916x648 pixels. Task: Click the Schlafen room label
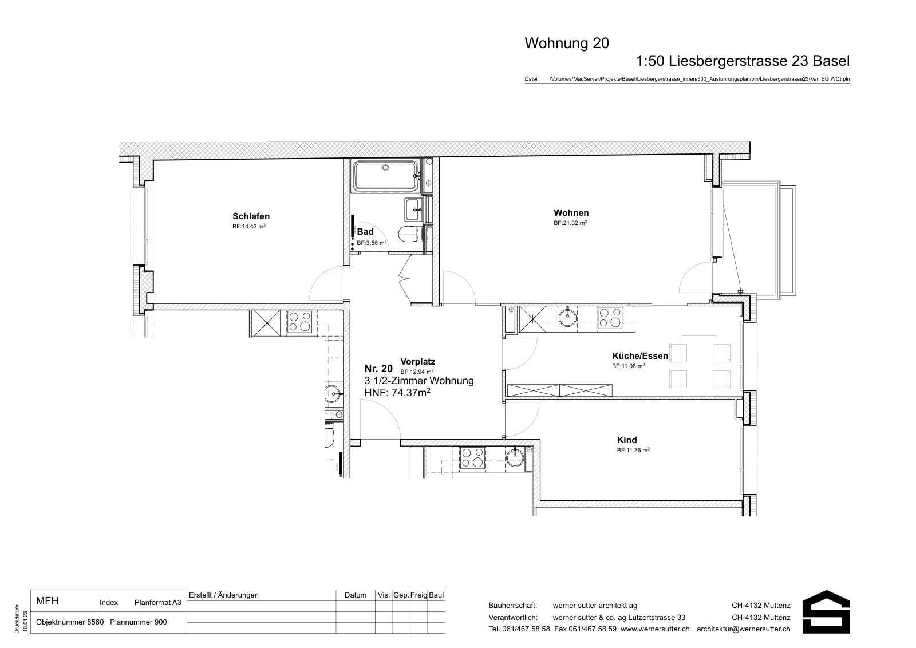(x=251, y=216)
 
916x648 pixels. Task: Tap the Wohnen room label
(x=571, y=212)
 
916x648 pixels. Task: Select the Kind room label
(x=627, y=440)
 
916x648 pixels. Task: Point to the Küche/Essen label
(x=640, y=356)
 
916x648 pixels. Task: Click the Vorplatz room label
(x=417, y=362)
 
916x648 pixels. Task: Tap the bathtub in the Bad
(x=386, y=176)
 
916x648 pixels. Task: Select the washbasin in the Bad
(x=415, y=210)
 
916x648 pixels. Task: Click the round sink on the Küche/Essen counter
(x=567, y=318)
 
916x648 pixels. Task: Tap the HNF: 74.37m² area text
(x=397, y=393)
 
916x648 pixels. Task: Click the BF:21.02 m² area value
(x=570, y=223)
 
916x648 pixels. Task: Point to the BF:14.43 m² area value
(x=249, y=227)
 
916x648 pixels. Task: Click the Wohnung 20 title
(x=567, y=43)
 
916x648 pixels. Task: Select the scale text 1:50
(x=650, y=61)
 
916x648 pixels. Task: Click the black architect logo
(x=826, y=611)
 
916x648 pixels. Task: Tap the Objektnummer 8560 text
(x=70, y=622)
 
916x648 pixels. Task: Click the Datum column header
(x=356, y=595)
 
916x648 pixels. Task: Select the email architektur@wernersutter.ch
(x=744, y=629)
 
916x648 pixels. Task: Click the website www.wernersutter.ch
(x=655, y=629)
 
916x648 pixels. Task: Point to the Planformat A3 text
(x=158, y=603)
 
